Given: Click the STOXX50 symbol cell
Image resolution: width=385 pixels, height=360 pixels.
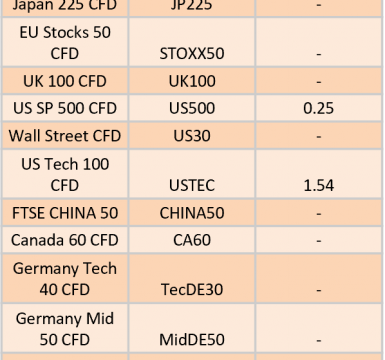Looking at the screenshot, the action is pyautogui.click(x=192, y=54).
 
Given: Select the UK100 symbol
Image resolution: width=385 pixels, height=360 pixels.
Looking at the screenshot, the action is pyautogui.click(x=192, y=81).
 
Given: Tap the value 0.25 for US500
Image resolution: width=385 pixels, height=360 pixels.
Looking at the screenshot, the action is pyautogui.click(x=318, y=109).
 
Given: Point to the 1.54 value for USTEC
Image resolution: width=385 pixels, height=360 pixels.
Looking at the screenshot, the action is pyautogui.click(x=319, y=186).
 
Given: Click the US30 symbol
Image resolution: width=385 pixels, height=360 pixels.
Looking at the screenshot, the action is pyautogui.click(x=192, y=136).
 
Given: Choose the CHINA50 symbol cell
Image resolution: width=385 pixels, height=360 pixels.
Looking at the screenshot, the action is pyautogui.click(x=192, y=213).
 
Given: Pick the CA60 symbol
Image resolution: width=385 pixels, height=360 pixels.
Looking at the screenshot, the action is pyautogui.click(x=192, y=240).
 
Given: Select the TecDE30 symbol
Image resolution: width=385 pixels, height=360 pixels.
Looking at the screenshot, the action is pyautogui.click(x=192, y=290).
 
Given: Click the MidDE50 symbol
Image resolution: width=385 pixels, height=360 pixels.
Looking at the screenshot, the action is pyautogui.click(x=192, y=340).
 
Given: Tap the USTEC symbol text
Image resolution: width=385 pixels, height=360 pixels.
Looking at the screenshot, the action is pyautogui.click(x=192, y=186).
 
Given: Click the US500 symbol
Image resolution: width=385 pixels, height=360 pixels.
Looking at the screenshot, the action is pyautogui.click(x=192, y=109).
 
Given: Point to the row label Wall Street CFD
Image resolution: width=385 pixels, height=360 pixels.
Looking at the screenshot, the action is pyautogui.click(x=65, y=136).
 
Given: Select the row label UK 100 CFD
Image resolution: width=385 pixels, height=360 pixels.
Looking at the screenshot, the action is pyautogui.click(x=65, y=81).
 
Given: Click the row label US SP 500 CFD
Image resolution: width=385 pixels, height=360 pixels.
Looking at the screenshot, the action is pyautogui.click(x=65, y=109).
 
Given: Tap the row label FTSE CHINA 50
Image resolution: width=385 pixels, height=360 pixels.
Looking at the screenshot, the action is pyautogui.click(x=65, y=213).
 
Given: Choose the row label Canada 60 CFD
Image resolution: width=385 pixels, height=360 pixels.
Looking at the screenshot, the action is pyautogui.click(x=65, y=240).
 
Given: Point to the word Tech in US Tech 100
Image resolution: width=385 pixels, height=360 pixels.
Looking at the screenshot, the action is pyautogui.click(x=62, y=164).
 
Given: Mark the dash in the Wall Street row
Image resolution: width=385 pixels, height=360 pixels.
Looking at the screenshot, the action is pyautogui.click(x=319, y=137).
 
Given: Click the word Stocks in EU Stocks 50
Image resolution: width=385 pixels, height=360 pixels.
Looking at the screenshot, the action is pyautogui.click(x=66, y=33).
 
